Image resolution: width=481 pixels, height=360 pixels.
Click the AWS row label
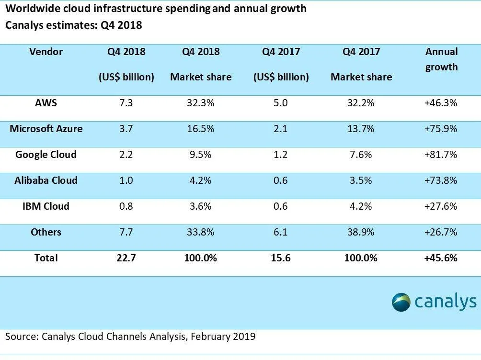click(x=46, y=103)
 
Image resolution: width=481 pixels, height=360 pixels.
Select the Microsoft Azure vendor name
click(x=46, y=129)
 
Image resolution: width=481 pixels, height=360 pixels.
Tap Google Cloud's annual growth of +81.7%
click(x=441, y=155)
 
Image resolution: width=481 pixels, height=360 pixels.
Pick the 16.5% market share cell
click(x=201, y=129)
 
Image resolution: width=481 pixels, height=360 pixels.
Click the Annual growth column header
click(x=441, y=59)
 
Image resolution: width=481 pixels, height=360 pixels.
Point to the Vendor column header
click(x=46, y=52)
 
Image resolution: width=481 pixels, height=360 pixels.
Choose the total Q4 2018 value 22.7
click(x=126, y=258)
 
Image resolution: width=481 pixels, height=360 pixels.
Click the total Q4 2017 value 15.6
click(x=281, y=258)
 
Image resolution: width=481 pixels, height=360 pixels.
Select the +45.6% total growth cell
click(x=441, y=258)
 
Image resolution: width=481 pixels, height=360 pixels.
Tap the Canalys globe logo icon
click(x=401, y=302)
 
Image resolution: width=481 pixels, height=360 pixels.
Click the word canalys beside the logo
click(x=446, y=302)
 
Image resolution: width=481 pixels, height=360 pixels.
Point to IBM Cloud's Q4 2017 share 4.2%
click(x=361, y=206)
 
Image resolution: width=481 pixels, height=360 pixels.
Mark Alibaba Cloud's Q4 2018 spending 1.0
click(x=126, y=180)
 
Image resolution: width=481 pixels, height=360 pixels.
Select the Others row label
click(x=46, y=232)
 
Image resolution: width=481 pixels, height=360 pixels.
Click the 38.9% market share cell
click(x=361, y=232)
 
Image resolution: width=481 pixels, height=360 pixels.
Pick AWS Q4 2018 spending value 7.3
click(x=126, y=103)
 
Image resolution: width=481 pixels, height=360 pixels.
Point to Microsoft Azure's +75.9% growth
click(x=441, y=129)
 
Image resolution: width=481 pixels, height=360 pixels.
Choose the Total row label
click(x=46, y=258)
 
